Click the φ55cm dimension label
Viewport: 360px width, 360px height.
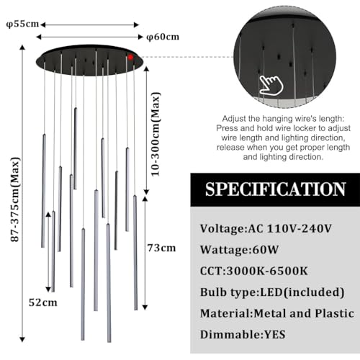(22, 24)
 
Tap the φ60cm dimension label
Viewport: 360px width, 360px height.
(163, 37)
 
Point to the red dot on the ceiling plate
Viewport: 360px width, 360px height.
(130, 57)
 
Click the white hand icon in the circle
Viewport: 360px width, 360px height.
(271, 85)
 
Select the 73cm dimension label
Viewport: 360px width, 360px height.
(161, 248)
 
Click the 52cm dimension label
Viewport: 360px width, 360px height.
(43, 302)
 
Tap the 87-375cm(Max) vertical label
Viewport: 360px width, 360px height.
(15, 199)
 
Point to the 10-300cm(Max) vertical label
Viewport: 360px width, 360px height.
(156, 135)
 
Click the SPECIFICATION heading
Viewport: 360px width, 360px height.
(275, 189)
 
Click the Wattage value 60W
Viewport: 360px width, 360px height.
(266, 250)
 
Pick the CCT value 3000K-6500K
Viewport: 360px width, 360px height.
(267, 271)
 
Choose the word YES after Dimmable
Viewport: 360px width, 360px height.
(275, 335)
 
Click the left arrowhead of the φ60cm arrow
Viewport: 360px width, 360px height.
(38, 37)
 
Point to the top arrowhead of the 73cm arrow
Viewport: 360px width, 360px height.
(145, 199)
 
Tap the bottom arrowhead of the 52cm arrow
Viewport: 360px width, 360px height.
(48, 289)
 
